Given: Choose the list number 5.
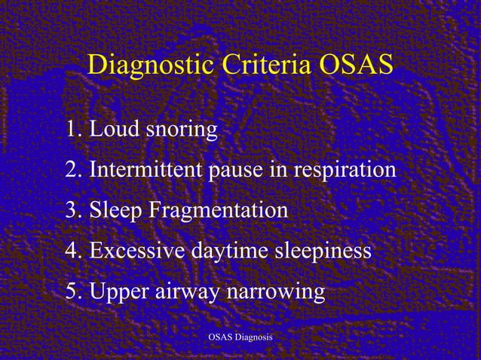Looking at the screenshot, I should pyautogui.click(x=72, y=291).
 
